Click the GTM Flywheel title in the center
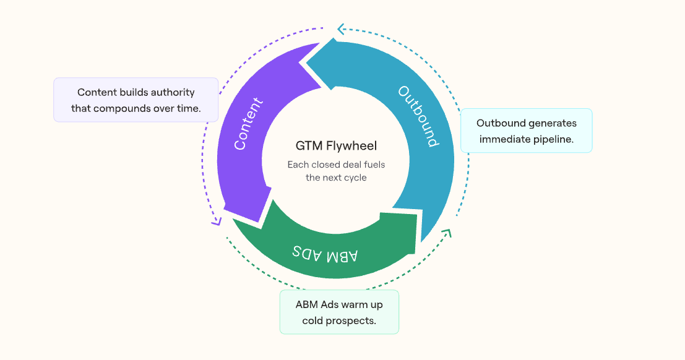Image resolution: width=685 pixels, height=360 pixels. point(336,147)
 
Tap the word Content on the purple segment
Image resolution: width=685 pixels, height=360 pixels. point(249,124)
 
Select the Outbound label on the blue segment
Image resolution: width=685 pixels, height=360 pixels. point(418,116)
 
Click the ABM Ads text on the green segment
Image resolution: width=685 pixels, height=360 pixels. point(325,254)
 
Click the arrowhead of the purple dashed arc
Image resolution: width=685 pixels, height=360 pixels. point(216,221)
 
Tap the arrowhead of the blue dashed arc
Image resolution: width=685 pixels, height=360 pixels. point(341,28)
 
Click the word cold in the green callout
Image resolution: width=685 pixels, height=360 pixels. point(314,320)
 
